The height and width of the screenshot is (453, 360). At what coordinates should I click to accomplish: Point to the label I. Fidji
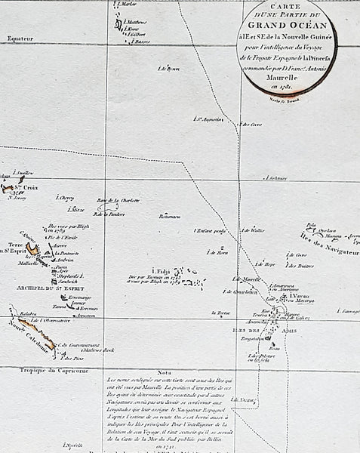(161, 271)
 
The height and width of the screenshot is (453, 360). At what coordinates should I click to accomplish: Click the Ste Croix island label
(28, 186)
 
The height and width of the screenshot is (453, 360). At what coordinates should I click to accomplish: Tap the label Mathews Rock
(98, 350)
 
